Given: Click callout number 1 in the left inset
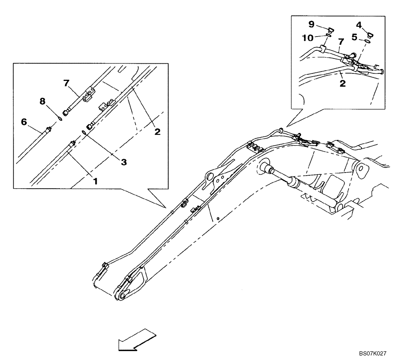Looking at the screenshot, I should [95, 181].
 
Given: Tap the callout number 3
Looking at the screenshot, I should [123, 162].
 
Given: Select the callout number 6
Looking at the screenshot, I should [24, 122].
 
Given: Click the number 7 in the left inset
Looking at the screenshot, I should [66, 83].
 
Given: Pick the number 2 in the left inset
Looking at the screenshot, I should [157, 132].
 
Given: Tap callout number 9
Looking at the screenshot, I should [311, 25].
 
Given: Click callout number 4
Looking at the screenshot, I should [358, 25].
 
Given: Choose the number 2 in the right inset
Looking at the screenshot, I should [342, 84].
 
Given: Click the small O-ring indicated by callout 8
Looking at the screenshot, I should [59, 117].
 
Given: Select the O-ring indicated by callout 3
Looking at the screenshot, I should [84, 132].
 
